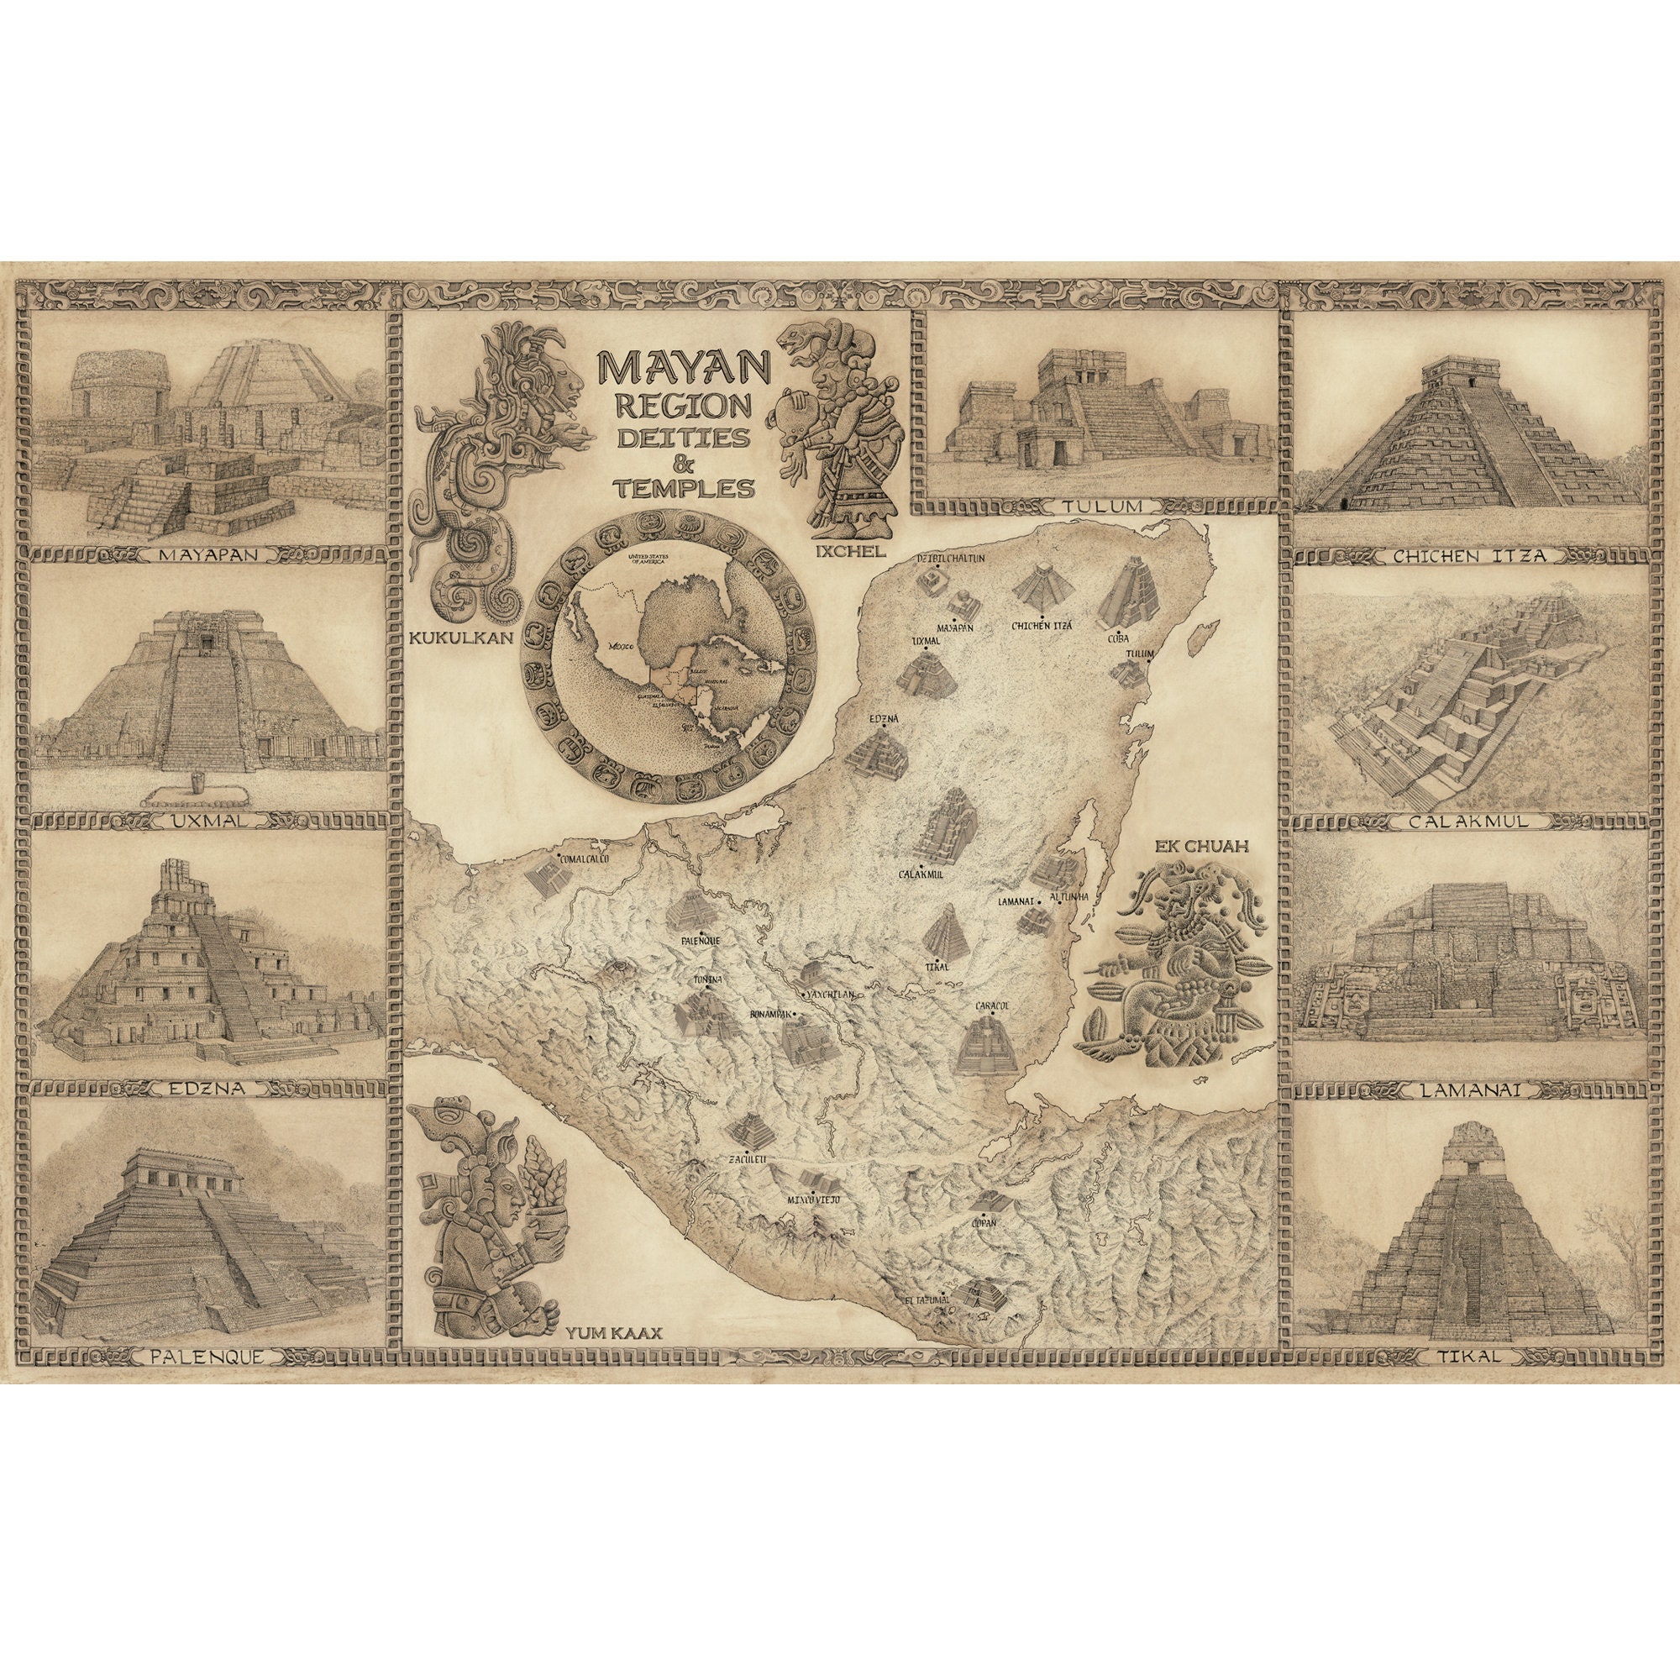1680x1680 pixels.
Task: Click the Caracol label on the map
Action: (990, 1006)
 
